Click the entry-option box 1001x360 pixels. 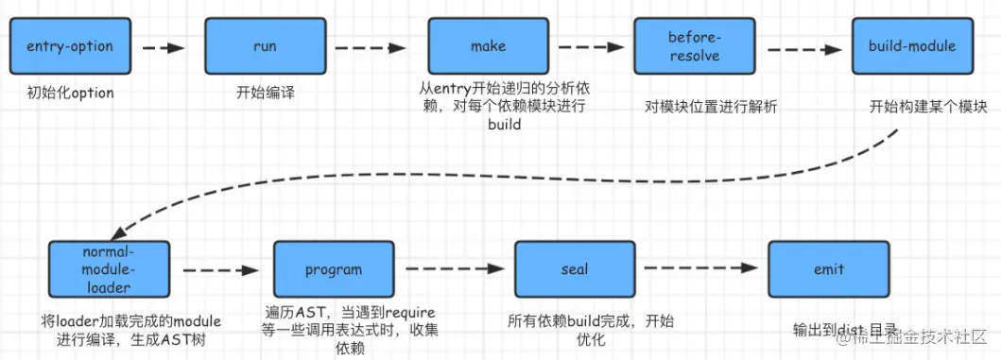[70, 46]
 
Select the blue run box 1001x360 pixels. [266, 46]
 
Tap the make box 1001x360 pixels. [488, 46]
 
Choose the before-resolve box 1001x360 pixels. [694, 46]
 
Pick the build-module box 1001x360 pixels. [911, 46]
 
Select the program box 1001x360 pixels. [333, 269]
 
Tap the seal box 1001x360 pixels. [574, 269]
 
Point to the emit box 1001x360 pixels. [828, 269]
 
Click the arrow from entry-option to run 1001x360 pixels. [166, 46]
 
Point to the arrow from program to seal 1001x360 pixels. [453, 270]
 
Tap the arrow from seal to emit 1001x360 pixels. [699, 269]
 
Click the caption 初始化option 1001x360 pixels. [70, 93]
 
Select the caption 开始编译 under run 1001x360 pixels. [266, 93]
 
